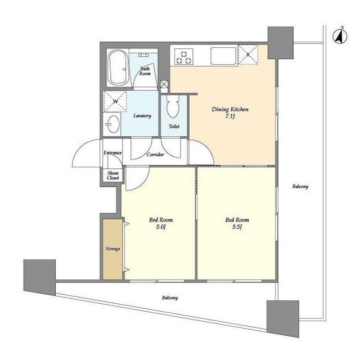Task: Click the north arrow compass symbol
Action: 340,36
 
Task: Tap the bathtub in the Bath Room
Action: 118,67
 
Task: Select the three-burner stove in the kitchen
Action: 183,56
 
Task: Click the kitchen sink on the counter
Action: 224,56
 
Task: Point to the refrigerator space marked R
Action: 248,55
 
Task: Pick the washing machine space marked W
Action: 115,101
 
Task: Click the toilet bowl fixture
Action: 173,106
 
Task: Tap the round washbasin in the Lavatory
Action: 113,124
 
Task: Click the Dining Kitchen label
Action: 230,109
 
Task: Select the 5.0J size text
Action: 161,227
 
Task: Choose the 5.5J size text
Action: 237,227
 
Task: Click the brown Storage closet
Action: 112,249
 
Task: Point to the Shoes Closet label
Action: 112,175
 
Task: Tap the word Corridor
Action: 155,155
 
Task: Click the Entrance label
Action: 112,152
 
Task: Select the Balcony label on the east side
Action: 300,186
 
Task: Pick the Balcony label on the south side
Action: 170,298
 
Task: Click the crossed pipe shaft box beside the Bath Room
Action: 164,84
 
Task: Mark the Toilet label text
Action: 174,126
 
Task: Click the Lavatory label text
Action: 142,116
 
